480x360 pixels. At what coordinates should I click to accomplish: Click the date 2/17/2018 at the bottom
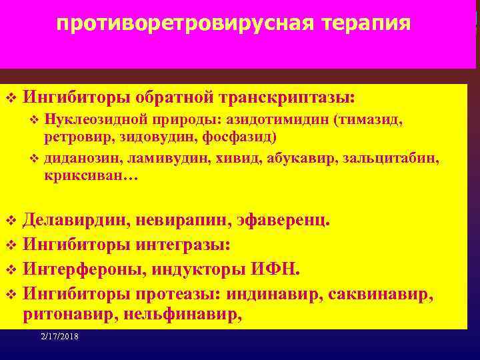tap(59, 337)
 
